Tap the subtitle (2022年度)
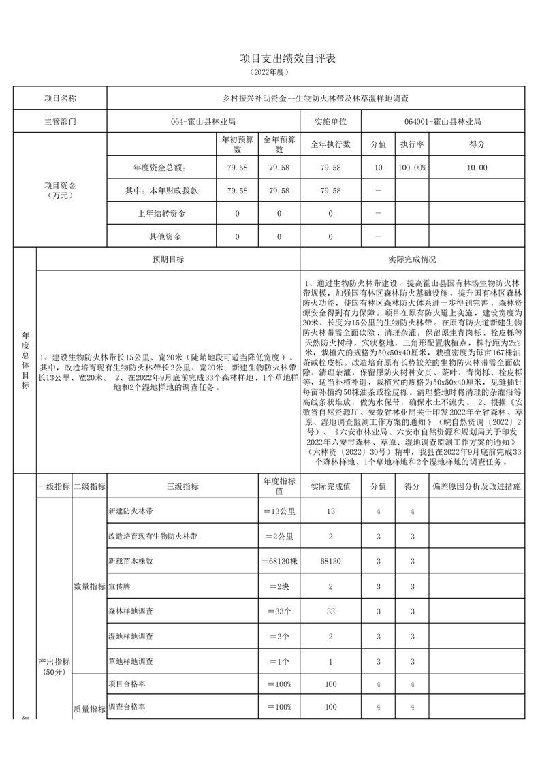[270, 72]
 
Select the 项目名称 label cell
[60, 98]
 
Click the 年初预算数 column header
[238, 144]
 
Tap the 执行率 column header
[412, 145]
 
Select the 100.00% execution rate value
[412, 168]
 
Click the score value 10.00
[477, 168]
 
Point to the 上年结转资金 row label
[162, 214]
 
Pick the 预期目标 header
[168, 259]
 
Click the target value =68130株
[279, 562]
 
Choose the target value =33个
[279, 611]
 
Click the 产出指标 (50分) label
[53, 667]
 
